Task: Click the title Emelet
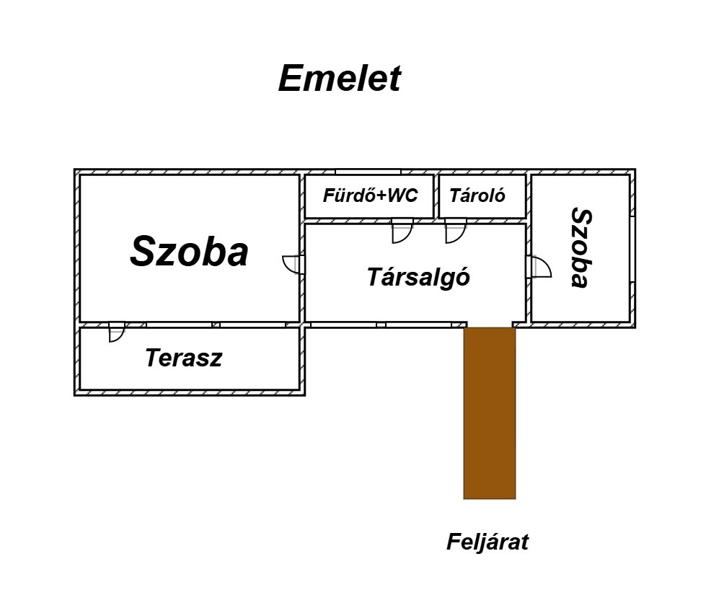coord(339,79)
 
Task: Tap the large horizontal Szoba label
coord(190,252)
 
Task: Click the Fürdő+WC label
coord(370,195)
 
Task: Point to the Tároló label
coord(477,195)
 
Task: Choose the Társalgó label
coord(418,277)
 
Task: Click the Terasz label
coord(183,358)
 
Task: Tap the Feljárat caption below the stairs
coord(487,542)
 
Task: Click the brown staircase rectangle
coord(489,411)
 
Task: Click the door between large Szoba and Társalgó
coord(291,264)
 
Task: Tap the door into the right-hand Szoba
coord(539,267)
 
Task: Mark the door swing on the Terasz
coord(115,332)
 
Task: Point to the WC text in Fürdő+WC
coord(402,195)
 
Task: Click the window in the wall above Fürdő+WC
coord(368,172)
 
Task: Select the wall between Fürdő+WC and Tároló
coord(436,195)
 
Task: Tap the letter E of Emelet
coord(291,79)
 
